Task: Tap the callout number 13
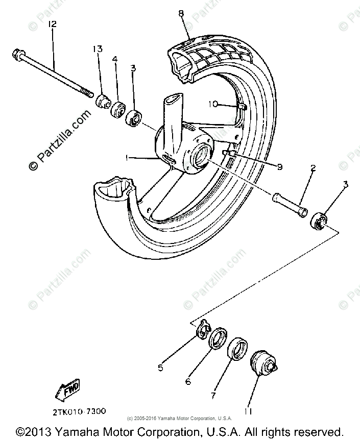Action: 98,49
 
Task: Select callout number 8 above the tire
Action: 181,13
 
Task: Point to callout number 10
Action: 213,104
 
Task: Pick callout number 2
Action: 313,168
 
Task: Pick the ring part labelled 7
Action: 238,349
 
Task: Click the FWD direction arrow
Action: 66,391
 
